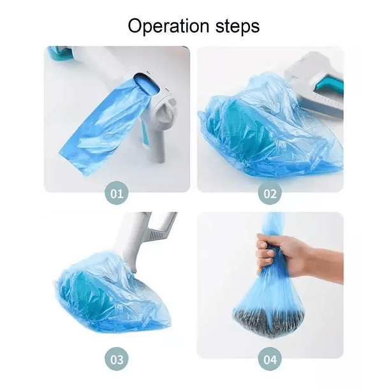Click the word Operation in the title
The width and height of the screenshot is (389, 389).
(168, 26)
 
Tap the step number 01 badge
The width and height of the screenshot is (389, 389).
(117, 193)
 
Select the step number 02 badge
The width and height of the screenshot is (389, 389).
(270, 193)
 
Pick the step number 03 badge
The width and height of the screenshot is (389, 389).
(117, 359)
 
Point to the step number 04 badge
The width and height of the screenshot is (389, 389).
(270, 359)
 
